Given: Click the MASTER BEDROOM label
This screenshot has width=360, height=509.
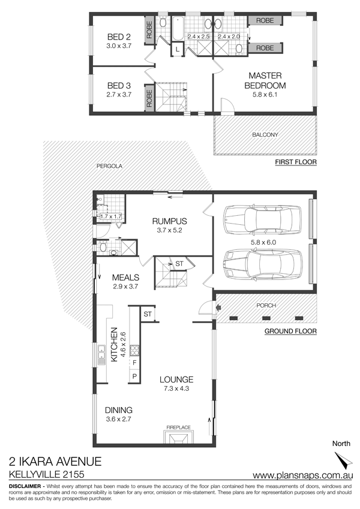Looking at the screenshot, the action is click(x=265, y=80).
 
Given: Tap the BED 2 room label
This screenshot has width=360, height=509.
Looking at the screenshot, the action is click(x=119, y=37).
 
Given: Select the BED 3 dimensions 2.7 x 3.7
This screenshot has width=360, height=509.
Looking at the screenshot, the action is click(x=119, y=95).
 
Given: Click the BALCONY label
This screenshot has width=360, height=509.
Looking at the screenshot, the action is click(x=265, y=135).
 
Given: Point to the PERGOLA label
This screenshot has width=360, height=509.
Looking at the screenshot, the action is click(x=109, y=166).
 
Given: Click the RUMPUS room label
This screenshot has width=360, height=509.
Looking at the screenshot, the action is click(x=170, y=221).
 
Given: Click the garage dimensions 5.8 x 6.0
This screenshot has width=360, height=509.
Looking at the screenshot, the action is click(x=263, y=242).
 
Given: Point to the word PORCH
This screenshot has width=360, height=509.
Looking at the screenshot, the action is click(x=266, y=306).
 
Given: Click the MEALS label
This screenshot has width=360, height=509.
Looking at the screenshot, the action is click(x=125, y=278).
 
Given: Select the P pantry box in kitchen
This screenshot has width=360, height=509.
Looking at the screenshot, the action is click(x=134, y=377).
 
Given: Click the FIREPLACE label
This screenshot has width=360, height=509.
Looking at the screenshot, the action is click(x=178, y=427).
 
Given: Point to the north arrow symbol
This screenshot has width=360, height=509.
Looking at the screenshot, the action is click(x=344, y=461).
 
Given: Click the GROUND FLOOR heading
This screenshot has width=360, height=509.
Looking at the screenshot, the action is click(x=290, y=332).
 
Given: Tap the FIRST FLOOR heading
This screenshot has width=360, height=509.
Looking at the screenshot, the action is click(x=296, y=162).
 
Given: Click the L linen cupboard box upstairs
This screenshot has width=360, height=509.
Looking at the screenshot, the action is click(x=178, y=50).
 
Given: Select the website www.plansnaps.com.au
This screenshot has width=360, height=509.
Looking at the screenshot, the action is click(x=303, y=475).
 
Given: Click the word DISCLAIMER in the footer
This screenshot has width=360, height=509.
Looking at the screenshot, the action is click(x=25, y=486).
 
